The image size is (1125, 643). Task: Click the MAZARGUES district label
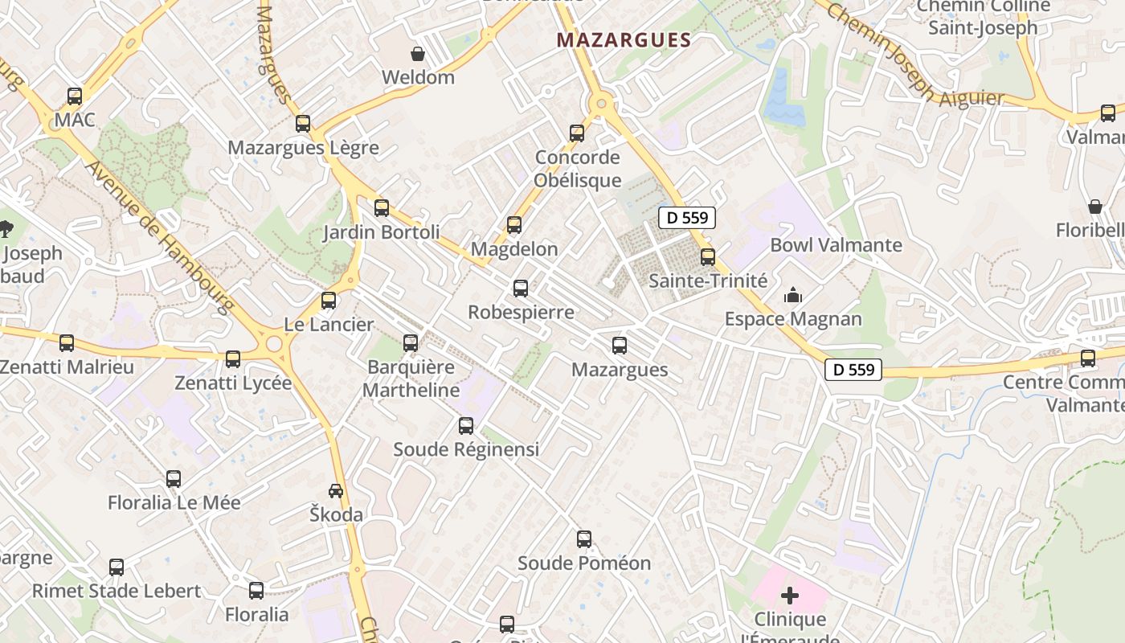pos(624,40)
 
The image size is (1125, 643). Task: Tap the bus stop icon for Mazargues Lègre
pos(303,124)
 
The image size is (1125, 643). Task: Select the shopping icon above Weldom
pos(418,54)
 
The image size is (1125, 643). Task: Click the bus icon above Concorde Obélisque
pos(577,133)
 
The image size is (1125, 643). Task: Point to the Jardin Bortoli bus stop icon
pos(382,208)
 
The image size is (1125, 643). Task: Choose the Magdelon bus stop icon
pos(514,225)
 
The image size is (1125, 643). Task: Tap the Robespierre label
pos(521,312)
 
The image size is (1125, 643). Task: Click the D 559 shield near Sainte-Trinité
pos(686,217)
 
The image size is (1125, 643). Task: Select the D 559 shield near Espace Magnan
pos(853,370)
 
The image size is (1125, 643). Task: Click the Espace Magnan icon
pos(793,296)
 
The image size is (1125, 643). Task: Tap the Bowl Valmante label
pos(836,245)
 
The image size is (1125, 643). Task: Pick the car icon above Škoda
pos(336,490)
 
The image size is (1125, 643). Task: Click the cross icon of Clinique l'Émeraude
pos(790,596)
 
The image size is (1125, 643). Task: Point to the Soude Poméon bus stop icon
pos(584,539)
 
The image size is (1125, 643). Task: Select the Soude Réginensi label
pos(466,449)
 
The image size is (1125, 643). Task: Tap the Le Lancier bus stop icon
pos(329,301)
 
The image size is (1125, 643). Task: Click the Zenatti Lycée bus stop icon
pos(233,359)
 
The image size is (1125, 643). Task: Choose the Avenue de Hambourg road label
pos(160,237)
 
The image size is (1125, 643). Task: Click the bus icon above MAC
pos(75,96)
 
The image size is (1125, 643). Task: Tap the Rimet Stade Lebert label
pos(117,591)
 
